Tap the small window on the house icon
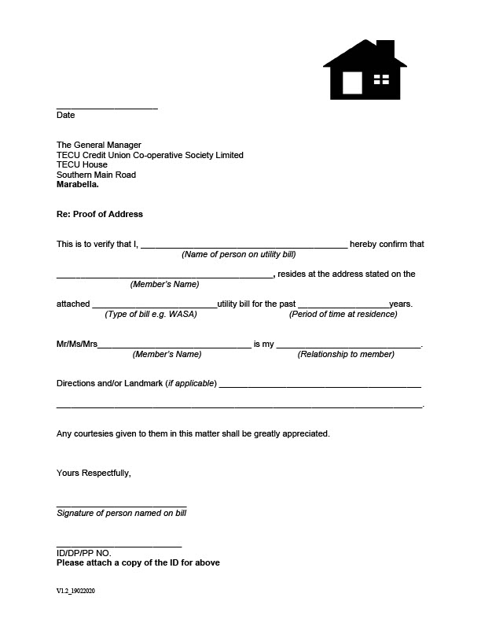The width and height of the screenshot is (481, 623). click(381, 79)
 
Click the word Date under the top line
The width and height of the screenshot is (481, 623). click(66, 115)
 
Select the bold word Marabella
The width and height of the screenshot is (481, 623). click(78, 185)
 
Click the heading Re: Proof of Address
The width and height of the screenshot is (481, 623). click(100, 214)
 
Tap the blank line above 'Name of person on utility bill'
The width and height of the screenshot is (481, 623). click(244, 245)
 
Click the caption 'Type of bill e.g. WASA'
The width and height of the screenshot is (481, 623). click(151, 314)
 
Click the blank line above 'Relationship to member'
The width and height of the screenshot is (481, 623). click(349, 345)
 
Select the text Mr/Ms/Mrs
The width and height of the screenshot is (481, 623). click(77, 345)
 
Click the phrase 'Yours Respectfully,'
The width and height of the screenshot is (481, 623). click(94, 473)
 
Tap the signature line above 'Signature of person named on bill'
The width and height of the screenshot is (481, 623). click(122, 504)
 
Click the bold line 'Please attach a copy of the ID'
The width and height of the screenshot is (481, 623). click(138, 562)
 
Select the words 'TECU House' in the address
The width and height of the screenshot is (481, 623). click(82, 164)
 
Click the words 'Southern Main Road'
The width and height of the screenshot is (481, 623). click(96, 175)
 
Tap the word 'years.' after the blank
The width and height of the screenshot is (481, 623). click(401, 304)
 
